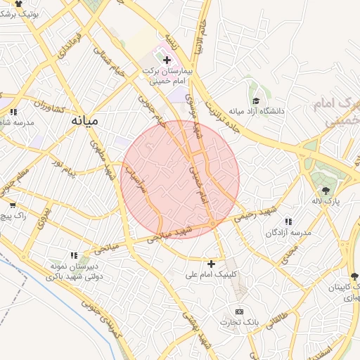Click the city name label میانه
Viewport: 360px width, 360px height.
click(84, 120)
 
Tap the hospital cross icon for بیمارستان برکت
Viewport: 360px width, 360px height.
click(167, 60)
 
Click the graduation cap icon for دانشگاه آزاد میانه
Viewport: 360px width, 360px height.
click(256, 101)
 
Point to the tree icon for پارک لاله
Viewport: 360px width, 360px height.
click(326, 190)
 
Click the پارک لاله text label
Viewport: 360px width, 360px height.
click(326, 201)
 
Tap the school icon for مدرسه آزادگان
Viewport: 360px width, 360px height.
click(288, 222)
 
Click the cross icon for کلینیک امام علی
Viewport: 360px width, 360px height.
click(211, 264)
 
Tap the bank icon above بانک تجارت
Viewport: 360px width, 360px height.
click(239, 311)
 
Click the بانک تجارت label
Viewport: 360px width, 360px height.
click(239, 322)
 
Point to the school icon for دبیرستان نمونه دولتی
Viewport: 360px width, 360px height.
click(73, 255)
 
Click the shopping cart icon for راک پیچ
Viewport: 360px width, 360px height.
click(12, 205)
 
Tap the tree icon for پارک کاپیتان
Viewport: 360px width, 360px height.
click(354, 278)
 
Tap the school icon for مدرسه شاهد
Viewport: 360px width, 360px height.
click(14, 112)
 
